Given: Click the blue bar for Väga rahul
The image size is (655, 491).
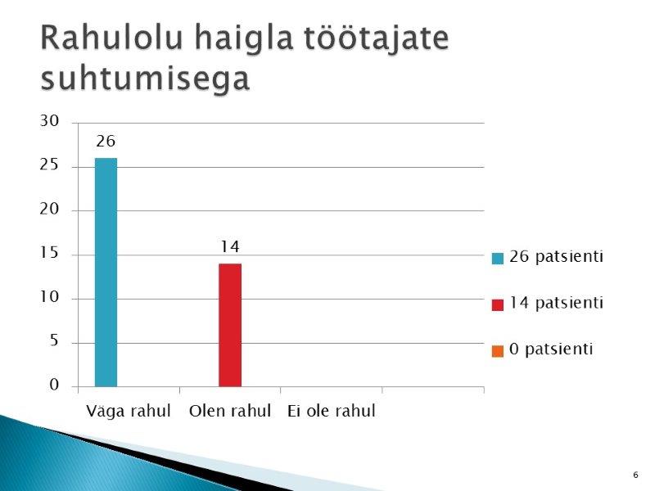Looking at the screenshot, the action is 106,273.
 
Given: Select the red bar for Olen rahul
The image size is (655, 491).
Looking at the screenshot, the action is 230,325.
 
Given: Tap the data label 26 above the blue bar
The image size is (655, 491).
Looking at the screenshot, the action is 106,142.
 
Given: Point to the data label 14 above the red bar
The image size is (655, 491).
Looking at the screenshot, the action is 230,247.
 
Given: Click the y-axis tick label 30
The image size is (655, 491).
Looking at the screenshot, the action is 49,121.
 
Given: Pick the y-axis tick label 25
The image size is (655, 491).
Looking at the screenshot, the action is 49,165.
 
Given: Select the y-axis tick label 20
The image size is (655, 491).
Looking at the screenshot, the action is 49,209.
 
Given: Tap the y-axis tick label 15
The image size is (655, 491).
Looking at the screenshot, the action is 49,254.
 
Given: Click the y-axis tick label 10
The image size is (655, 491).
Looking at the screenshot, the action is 49,297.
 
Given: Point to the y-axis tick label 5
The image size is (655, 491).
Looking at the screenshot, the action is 54,341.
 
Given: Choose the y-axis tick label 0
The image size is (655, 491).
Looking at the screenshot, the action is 54,385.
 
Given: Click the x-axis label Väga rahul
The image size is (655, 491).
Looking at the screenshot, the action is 129,412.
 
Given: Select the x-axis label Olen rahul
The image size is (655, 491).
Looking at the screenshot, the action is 230,412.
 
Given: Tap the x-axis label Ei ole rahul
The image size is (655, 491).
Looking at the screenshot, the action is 332,412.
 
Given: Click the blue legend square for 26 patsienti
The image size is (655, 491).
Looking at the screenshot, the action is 498,259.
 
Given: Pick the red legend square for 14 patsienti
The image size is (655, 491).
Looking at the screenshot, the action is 498,304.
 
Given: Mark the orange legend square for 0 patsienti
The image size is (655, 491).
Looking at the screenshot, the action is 498,352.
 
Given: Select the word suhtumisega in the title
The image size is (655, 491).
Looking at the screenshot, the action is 145,78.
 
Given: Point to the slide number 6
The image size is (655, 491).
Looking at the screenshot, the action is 636,475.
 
